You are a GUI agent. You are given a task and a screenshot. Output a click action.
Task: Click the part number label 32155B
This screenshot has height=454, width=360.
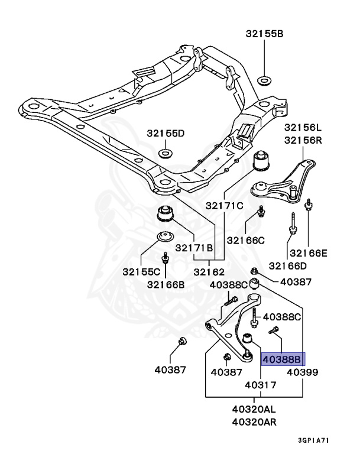tap(264, 34)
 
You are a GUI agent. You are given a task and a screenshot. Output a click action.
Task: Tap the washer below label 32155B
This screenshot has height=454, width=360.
tap(264, 80)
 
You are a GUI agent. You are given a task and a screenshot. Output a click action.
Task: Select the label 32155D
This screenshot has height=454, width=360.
tap(166, 133)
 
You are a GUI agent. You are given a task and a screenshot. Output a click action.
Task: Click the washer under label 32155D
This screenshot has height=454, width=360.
tap(165, 153)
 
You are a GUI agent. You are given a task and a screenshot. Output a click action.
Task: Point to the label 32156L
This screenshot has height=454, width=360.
tap(303, 128)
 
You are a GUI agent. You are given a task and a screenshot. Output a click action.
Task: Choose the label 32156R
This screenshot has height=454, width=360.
tap(303, 140)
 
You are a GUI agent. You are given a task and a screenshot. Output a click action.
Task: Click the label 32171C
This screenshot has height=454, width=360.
tap(225, 206)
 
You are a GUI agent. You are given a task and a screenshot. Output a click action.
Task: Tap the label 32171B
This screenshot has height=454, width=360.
tap(194, 248)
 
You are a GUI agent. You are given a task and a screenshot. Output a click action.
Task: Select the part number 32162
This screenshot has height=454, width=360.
tap(209, 272)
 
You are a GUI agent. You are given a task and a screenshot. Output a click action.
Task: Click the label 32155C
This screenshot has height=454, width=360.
tap(141, 272)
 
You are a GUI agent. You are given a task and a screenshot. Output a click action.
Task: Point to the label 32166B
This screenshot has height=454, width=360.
tap(166, 284)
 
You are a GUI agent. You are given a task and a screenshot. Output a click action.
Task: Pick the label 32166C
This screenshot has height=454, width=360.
tap(245, 241)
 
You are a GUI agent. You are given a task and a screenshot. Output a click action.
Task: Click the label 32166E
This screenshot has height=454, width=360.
tap(309, 253)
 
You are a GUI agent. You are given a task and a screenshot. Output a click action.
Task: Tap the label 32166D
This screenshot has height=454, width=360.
tap(288, 266)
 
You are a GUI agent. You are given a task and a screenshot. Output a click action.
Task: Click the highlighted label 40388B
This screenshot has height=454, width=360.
tap(283, 359)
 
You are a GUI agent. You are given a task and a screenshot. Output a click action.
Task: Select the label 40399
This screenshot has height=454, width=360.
tap(303, 372)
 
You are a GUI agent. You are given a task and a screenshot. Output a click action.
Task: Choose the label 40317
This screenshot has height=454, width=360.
tap(261, 385)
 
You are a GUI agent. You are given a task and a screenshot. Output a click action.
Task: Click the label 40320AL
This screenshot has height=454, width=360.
tap(254, 410)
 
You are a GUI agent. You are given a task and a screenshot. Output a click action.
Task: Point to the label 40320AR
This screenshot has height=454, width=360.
tap(254, 422)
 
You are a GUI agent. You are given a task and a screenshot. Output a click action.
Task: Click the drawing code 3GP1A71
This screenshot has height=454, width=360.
tap(314, 440)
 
